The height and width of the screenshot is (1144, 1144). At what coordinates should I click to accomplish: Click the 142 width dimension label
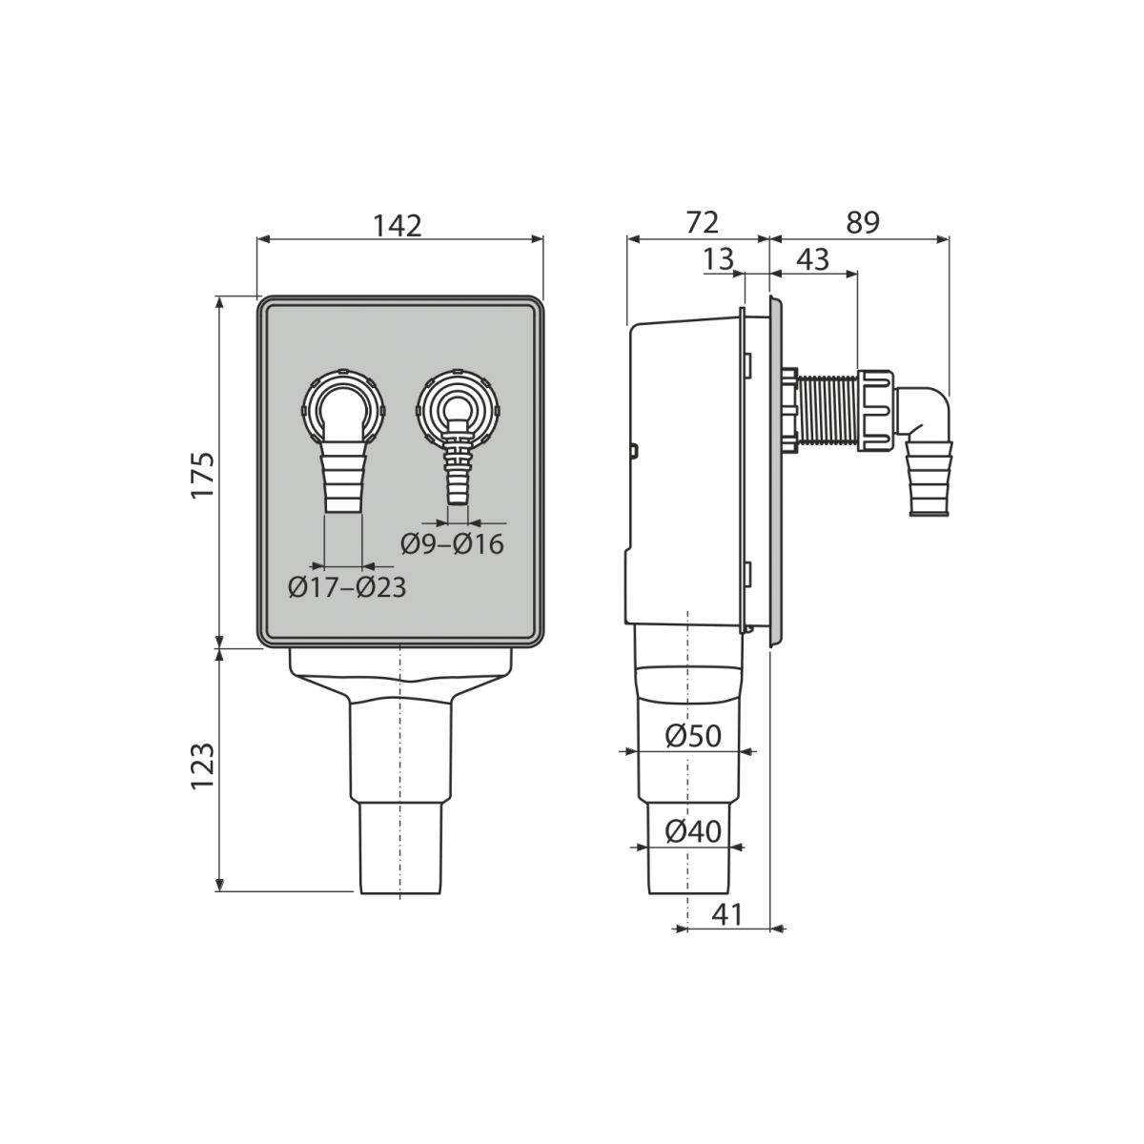coord(398,226)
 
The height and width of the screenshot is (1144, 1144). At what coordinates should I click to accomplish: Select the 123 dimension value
coord(202,766)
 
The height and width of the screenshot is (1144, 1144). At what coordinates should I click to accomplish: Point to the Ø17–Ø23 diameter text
coord(347,588)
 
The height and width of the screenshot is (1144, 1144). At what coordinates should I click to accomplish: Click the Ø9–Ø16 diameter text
coord(452,544)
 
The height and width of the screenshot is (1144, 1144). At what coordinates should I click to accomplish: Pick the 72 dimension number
coord(703,223)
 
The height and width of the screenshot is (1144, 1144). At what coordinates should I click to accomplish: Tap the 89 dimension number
coord(863,223)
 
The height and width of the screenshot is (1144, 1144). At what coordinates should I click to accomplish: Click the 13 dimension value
coord(719,259)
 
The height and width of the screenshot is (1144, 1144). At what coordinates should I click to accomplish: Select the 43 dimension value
coord(812,259)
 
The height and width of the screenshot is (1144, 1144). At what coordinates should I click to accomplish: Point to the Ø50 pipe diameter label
coord(693,737)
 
